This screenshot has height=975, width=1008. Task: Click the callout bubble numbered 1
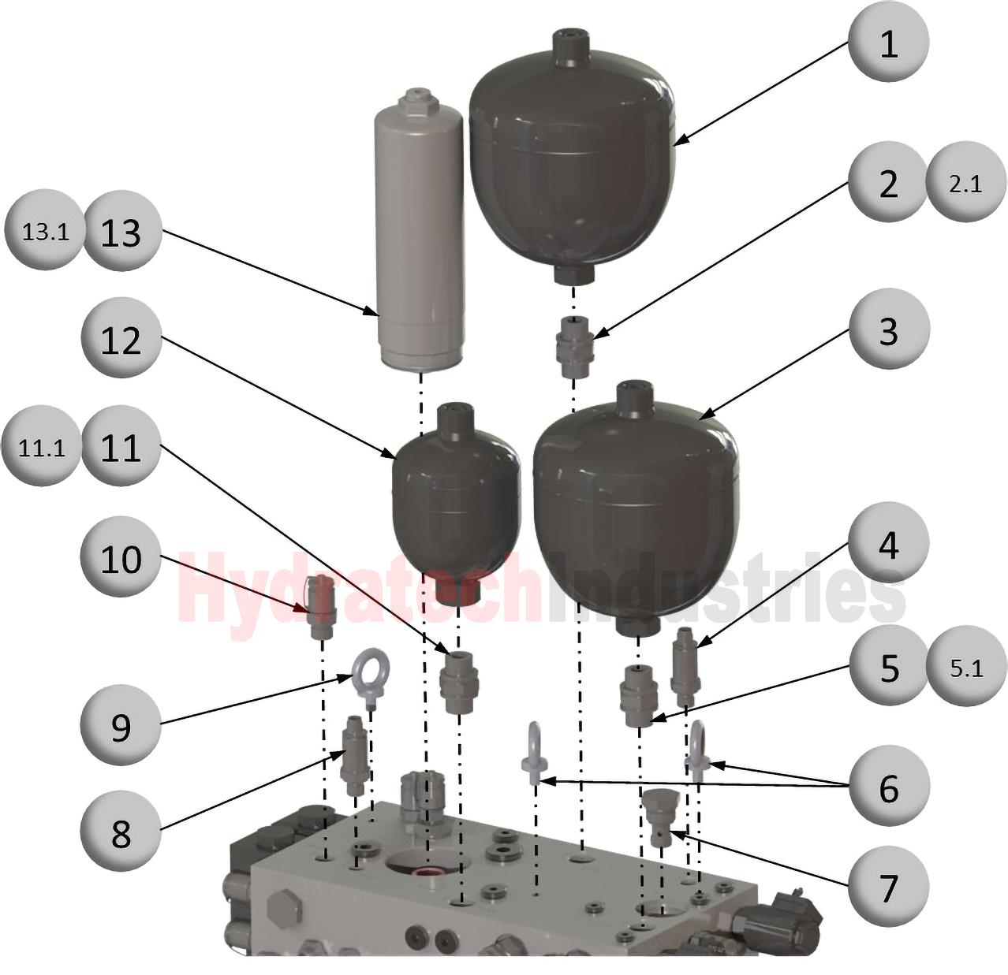[x=888, y=42]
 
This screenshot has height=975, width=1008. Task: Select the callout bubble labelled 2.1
[x=965, y=183]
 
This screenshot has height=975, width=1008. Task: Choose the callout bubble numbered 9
[x=120, y=728]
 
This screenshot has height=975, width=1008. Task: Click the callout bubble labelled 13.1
[x=44, y=231]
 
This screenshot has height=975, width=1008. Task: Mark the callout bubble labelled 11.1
[x=42, y=446]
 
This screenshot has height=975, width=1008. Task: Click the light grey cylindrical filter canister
[x=419, y=230]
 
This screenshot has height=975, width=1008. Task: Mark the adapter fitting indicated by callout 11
[x=459, y=682]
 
